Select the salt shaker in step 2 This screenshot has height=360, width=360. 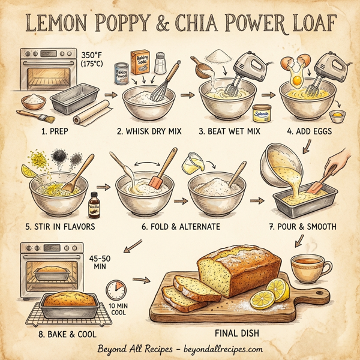pyautogui.click(x=161, y=62)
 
